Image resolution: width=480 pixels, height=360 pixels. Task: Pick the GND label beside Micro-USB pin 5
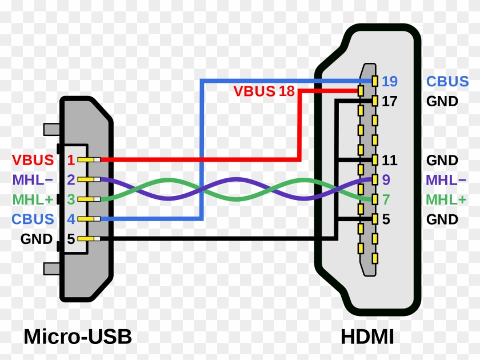click(37, 239)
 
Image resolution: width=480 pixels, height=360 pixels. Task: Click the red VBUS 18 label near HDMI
click(263, 91)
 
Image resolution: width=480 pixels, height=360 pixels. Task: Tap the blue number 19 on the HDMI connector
click(390, 81)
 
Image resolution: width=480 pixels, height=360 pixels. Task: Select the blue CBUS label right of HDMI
click(447, 81)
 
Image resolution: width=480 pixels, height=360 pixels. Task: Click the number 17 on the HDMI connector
click(389, 102)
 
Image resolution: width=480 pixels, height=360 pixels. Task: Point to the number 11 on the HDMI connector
click(389, 160)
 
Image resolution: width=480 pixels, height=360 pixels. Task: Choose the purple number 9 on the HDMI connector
click(386, 180)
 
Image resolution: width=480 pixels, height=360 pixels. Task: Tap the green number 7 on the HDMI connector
click(386, 199)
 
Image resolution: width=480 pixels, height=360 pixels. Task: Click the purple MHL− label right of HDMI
click(446, 180)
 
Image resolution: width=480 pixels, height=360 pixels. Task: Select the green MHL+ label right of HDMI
click(446, 199)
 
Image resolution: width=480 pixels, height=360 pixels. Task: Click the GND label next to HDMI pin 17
click(442, 102)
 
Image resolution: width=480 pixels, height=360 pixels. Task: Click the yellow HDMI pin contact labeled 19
click(374, 81)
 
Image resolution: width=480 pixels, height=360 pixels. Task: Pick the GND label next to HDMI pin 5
click(442, 219)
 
